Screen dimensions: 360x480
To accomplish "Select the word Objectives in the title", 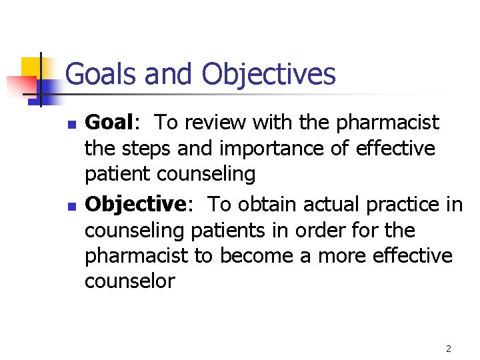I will [x=269, y=74].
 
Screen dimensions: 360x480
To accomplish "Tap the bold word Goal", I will [x=110, y=123].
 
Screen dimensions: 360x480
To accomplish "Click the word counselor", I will [x=129, y=281].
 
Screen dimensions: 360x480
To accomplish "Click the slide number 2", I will [x=449, y=348].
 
